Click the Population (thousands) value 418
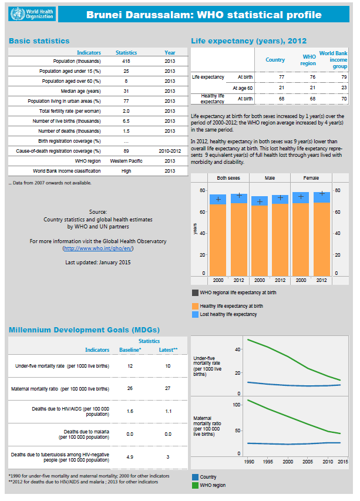tap(126, 61)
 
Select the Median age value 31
tap(126, 91)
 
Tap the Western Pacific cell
tap(126, 161)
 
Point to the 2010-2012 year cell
tap(170, 151)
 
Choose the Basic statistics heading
tap(39, 41)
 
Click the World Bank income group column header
tap(334, 60)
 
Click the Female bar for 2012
tap(322, 238)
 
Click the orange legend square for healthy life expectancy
tap(195, 306)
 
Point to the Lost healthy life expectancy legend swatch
tap(195, 314)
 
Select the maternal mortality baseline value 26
tap(130, 389)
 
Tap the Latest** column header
tap(169, 350)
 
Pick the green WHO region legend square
tap(195, 486)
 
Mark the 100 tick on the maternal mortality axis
tap(237, 405)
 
